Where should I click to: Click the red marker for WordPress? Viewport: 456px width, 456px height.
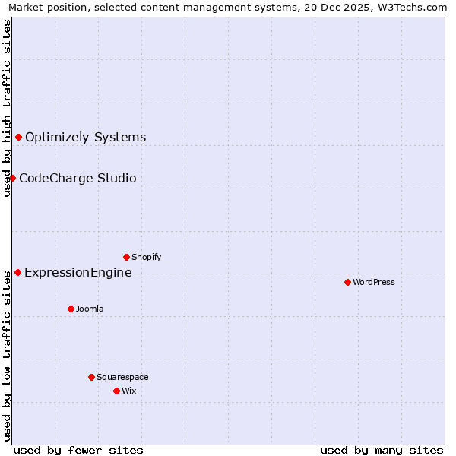347,282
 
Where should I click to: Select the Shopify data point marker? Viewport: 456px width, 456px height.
126,257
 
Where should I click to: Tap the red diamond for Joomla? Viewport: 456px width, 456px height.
71,309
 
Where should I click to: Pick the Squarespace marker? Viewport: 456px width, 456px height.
91,377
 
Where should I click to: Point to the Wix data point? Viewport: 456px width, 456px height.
116,391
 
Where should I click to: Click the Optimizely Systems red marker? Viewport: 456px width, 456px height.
18,137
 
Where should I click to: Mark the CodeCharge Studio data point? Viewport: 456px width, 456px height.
12,178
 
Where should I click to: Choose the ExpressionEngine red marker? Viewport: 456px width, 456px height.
17,272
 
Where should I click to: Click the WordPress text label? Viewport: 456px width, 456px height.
374,282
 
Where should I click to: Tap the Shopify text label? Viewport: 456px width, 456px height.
147,257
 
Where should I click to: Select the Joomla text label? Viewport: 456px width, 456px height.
90,309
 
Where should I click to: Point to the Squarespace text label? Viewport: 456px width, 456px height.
122,377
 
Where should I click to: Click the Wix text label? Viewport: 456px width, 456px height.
129,391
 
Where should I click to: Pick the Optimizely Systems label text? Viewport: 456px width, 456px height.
85,137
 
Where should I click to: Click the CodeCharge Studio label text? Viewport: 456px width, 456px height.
78,178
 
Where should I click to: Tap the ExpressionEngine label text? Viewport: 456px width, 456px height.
78,272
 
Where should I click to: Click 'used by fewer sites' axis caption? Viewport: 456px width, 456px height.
78,450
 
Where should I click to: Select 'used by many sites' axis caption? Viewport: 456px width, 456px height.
382,450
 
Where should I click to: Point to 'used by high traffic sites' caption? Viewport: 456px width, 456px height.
7,108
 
